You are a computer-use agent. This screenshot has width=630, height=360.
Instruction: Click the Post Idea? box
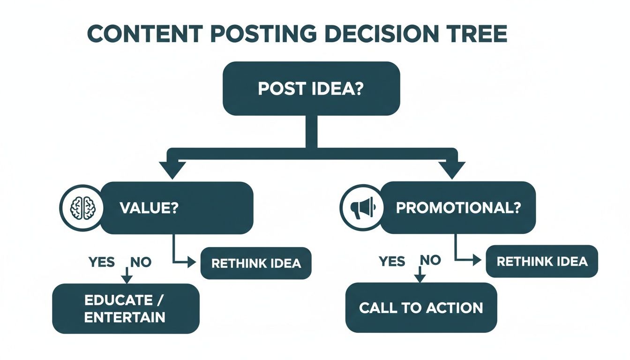(x=311, y=89)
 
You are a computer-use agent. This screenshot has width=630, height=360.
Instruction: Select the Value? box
(x=177, y=208)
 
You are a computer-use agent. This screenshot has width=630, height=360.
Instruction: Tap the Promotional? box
(x=458, y=208)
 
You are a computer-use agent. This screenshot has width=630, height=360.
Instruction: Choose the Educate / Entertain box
(x=126, y=308)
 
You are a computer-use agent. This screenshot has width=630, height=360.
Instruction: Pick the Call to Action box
(x=420, y=307)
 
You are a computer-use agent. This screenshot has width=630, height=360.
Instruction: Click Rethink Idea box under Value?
(x=256, y=263)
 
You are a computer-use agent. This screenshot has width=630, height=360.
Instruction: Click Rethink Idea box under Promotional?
(x=542, y=261)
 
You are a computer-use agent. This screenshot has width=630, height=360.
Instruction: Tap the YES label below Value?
(x=101, y=262)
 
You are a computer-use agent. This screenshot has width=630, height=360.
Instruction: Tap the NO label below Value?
(x=140, y=262)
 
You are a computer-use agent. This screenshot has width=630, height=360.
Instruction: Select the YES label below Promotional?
(x=391, y=261)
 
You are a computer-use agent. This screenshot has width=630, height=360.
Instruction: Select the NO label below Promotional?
(x=430, y=260)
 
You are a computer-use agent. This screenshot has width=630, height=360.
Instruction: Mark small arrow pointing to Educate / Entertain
(x=127, y=278)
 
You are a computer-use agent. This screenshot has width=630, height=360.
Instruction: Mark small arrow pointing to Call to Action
(x=420, y=277)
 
